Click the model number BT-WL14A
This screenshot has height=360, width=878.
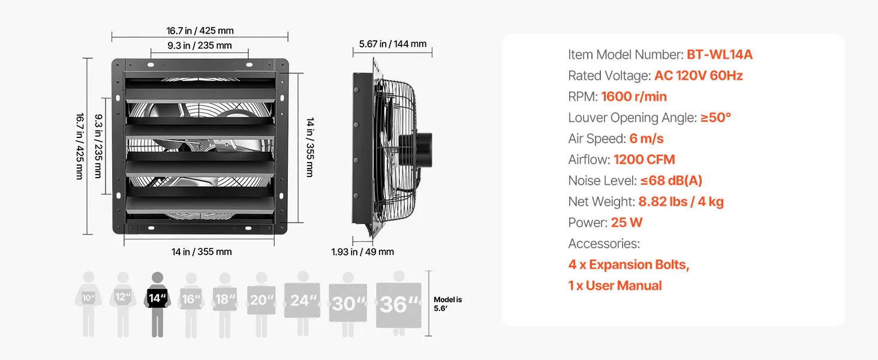tap(719, 55)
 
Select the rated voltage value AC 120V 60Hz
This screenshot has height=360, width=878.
tap(699, 75)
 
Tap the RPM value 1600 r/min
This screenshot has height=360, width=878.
tap(634, 97)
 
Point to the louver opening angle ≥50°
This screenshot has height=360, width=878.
tap(715, 117)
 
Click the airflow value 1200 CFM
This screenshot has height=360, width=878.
tap(644, 160)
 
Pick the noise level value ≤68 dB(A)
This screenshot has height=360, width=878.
tap(671, 181)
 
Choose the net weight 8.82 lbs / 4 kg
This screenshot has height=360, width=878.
tap(681, 202)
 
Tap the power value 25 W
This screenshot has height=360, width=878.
tap(626, 223)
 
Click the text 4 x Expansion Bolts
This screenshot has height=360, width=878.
tap(629, 265)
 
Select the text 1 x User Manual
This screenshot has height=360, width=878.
tap(615, 286)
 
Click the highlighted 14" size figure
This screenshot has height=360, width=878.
tap(157, 304)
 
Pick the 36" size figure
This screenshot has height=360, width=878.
tap(399, 304)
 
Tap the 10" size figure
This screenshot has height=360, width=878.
tap(89, 304)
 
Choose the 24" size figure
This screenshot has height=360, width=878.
tap(302, 304)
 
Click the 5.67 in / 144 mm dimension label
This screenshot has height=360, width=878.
tap(393, 44)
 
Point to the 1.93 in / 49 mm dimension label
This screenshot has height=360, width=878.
tap(363, 252)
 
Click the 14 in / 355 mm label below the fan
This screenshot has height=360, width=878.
tap(202, 252)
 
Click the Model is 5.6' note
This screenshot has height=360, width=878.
tap(447, 304)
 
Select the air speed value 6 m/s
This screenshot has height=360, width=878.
tap(647, 139)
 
